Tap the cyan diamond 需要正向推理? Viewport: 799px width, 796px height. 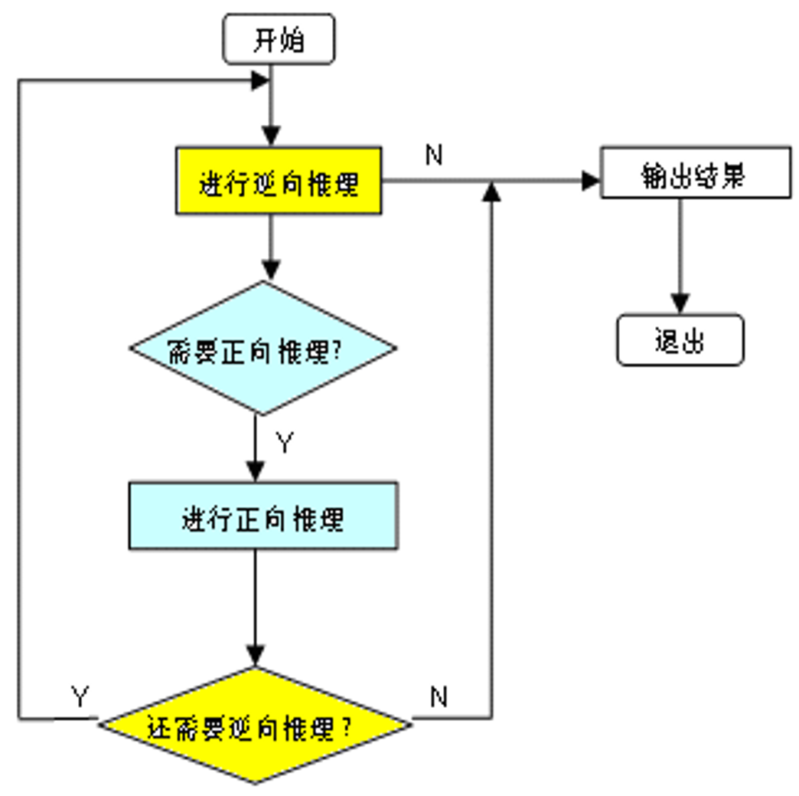coord(263,349)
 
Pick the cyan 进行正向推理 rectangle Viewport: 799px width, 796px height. coord(263,516)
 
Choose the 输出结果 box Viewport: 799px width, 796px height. coord(695,174)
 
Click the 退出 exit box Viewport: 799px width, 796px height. coord(680,339)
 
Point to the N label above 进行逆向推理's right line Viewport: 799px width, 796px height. coord(434,156)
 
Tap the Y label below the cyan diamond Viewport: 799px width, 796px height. coord(285,443)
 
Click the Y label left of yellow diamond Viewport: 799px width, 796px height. coord(80,696)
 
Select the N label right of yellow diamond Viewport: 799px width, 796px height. coord(438,696)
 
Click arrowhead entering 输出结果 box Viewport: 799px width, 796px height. coord(592,181)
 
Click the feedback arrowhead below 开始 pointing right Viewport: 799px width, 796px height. coord(260,79)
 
